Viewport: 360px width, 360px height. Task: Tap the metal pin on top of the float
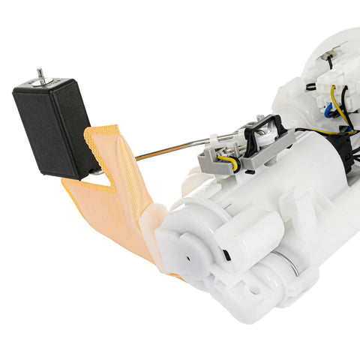pos(41,76)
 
